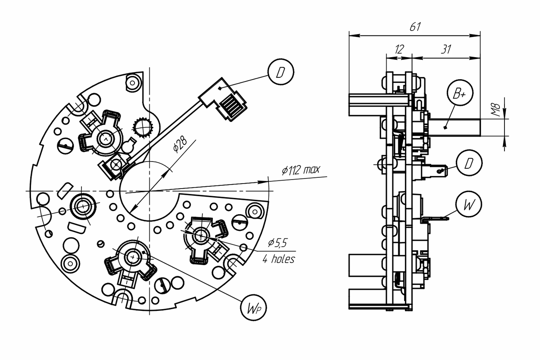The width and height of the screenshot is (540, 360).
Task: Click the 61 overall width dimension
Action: pos(415,27)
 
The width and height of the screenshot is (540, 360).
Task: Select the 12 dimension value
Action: pos(399,49)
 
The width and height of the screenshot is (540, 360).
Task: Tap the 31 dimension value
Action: pos(446,49)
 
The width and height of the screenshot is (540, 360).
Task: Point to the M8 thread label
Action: pos(496,110)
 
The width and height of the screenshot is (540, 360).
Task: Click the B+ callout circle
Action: pos(460,93)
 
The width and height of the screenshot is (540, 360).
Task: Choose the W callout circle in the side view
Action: pos(468,204)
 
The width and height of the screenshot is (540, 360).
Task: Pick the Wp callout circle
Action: pos(253,308)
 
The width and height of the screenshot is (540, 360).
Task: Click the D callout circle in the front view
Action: pos(281,72)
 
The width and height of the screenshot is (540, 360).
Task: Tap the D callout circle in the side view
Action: pos(469,163)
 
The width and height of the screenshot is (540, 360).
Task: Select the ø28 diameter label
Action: pos(180,145)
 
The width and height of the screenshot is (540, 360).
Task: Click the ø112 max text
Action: pos(301,170)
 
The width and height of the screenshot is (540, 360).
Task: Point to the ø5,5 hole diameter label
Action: pos(278,243)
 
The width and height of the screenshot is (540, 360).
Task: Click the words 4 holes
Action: pos(279,259)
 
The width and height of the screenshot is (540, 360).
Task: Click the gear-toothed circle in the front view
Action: pos(143,127)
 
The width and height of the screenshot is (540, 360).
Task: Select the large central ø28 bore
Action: pos(149,191)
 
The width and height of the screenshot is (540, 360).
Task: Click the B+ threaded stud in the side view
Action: pos(454,127)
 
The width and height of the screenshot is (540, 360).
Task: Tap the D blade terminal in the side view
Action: pos(436,171)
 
